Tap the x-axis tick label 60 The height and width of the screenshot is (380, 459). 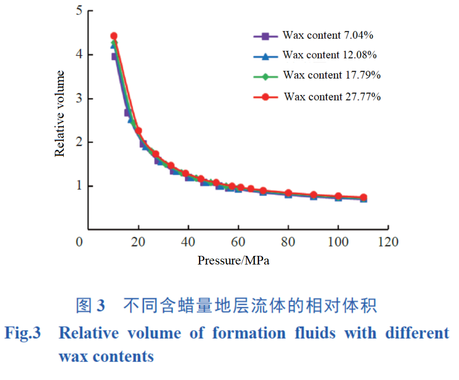238,242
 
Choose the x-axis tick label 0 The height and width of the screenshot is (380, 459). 80,242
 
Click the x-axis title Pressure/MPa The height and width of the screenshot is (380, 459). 233,261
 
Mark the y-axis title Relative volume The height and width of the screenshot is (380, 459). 60,114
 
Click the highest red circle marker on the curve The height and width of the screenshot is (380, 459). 114,36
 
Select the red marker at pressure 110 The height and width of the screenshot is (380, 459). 363,197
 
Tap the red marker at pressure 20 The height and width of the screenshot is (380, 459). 139,130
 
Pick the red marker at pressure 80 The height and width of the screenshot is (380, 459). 289,193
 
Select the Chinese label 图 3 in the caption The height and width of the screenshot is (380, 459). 90,306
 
